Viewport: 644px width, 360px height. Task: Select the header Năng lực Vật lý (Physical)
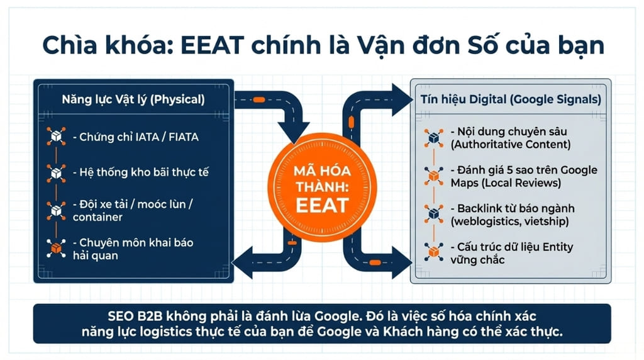point(133,99)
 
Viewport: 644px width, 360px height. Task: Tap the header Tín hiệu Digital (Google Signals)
point(510,99)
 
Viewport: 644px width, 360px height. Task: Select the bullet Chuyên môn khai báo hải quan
point(136,249)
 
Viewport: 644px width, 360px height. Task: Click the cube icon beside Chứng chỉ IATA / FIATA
point(57,136)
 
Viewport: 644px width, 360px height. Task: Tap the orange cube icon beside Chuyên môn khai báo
point(57,247)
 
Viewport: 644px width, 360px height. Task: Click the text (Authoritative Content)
point(510,144)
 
